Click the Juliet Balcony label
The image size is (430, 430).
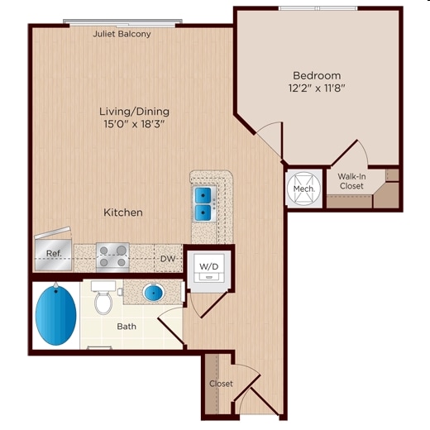(x=122, y=34)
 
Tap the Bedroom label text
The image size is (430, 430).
(x=316, y=74)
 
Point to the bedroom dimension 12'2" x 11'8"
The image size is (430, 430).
(x=316, y=87)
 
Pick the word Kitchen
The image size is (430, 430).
(x=122, y=213)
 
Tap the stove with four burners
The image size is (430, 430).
(x=112, y=256)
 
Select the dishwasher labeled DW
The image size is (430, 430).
(x=167, y=258)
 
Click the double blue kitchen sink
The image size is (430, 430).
(x=203, y=204)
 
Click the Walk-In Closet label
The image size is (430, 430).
(x=351, y=181)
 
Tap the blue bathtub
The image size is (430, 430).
(x=55, y=317)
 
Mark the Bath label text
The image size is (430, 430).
(x=126, y=327)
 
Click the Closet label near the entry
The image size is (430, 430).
(x=221, y=384)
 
